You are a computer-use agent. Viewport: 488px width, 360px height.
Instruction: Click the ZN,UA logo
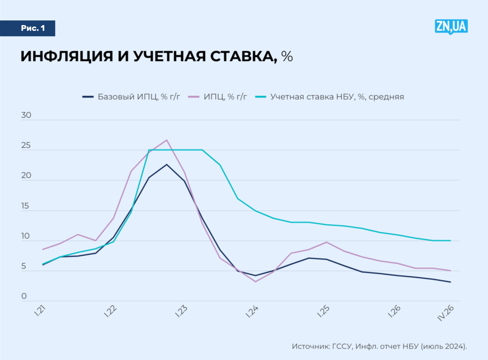[451, 26]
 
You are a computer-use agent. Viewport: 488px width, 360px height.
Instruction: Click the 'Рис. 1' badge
[33, 28]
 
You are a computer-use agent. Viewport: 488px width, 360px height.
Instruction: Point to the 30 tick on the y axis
[26, 115]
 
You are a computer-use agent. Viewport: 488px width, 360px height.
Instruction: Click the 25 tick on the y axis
[26, 145]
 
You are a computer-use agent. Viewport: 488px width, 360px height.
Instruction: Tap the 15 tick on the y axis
[26, 206]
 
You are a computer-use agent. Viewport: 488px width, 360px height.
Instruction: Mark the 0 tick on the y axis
[24, 296]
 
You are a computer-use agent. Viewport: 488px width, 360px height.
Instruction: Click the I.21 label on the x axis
[40, 312]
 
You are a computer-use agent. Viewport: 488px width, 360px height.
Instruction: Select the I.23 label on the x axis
[181, 312]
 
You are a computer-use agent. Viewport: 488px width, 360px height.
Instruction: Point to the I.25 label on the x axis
[323, 312]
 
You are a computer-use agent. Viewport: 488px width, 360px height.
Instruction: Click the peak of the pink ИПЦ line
[167, 140]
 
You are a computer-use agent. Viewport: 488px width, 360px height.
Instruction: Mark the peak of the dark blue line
[166, 164]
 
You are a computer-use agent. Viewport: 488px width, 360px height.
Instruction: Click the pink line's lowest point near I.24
[255, 281]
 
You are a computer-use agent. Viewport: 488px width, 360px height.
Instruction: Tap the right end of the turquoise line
[450, 240]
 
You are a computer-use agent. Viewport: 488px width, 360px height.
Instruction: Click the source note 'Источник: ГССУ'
[321, 346]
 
